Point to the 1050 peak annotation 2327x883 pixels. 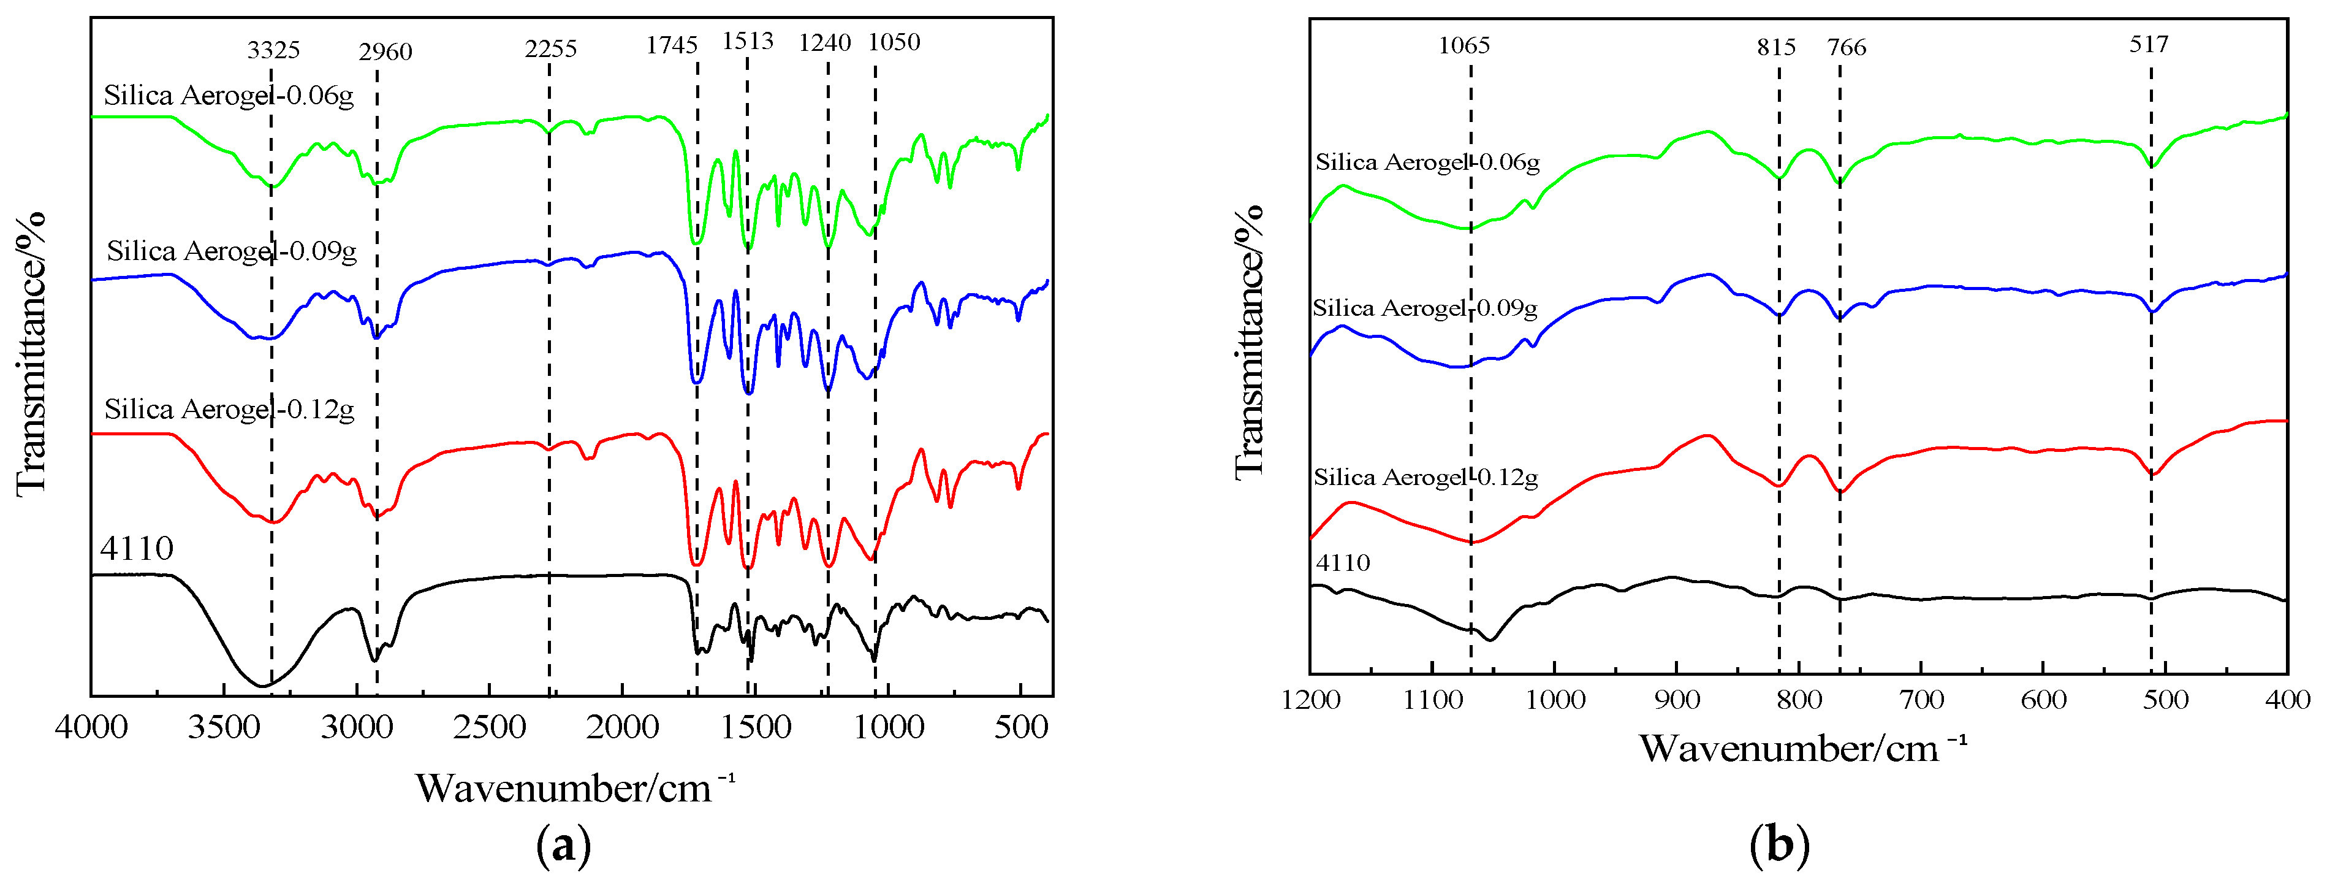coord(894,42)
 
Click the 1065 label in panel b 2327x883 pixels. coord(1463,45)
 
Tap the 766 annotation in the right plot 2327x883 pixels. coord(1847,47)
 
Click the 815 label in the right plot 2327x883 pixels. coord(1776,47)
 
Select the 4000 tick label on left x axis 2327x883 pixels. coord(91,727)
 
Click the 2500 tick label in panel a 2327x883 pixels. coord(488,727)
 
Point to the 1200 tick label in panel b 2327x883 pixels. coord(1310,700)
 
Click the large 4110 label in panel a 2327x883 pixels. coord(137,548)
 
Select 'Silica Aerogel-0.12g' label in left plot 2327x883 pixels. coord(229,410)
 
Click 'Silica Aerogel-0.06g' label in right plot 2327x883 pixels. coord(1427,162)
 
